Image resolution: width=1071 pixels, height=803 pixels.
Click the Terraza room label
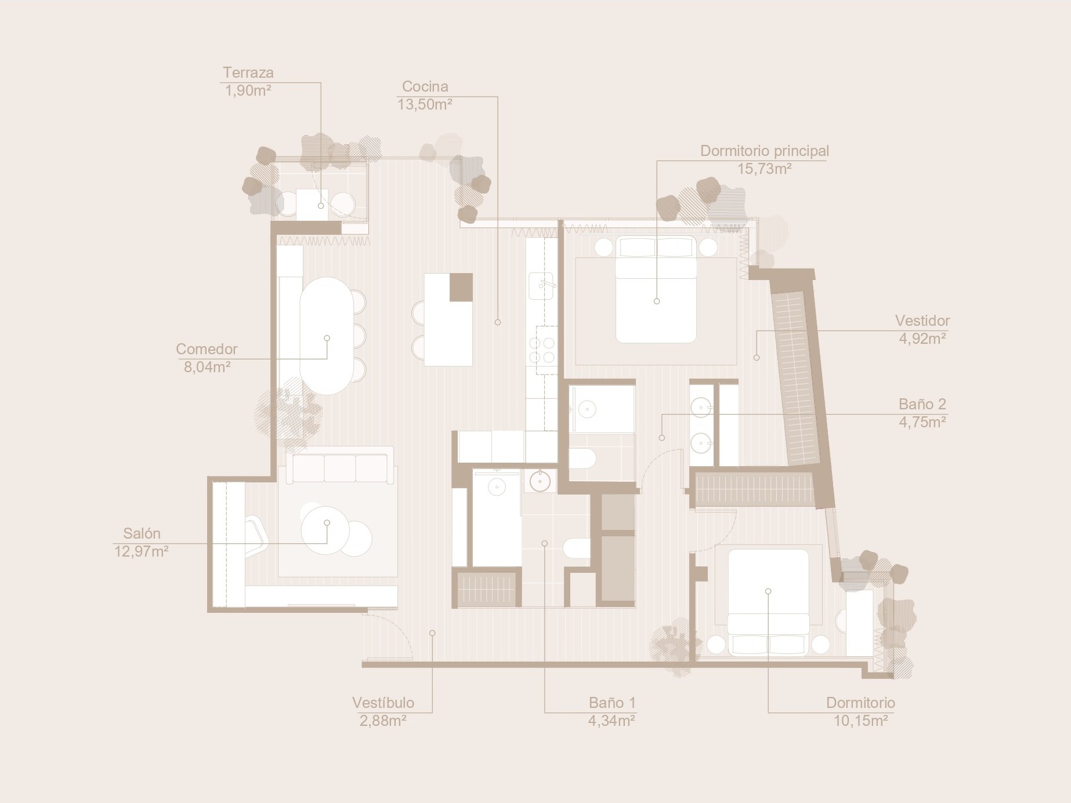point(248,72)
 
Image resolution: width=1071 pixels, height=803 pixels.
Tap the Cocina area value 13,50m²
point(425,104)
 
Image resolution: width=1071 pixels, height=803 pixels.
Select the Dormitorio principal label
point(765,151)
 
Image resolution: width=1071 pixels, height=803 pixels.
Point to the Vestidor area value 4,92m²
point(922,339)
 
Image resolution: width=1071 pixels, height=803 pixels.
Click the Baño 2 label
point(922,404)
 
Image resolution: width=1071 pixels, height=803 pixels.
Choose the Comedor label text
point(207,349)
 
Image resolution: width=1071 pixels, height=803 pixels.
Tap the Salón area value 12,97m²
point(142,551)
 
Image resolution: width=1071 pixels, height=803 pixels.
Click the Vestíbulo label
point(383,703)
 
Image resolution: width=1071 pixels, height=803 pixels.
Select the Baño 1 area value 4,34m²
point(612,721)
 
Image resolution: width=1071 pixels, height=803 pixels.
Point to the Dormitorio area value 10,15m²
point(861,721)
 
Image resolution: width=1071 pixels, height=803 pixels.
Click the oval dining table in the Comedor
point(327,336)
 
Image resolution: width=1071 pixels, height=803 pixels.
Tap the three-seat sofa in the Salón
point(340,466)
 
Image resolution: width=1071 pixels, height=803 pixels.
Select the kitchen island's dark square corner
point(461,287)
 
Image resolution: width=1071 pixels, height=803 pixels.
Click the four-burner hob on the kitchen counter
point(542,350)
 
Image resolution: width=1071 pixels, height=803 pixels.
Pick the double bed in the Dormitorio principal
point(656,289)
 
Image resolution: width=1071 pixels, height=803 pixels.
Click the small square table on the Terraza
point(312,204)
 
